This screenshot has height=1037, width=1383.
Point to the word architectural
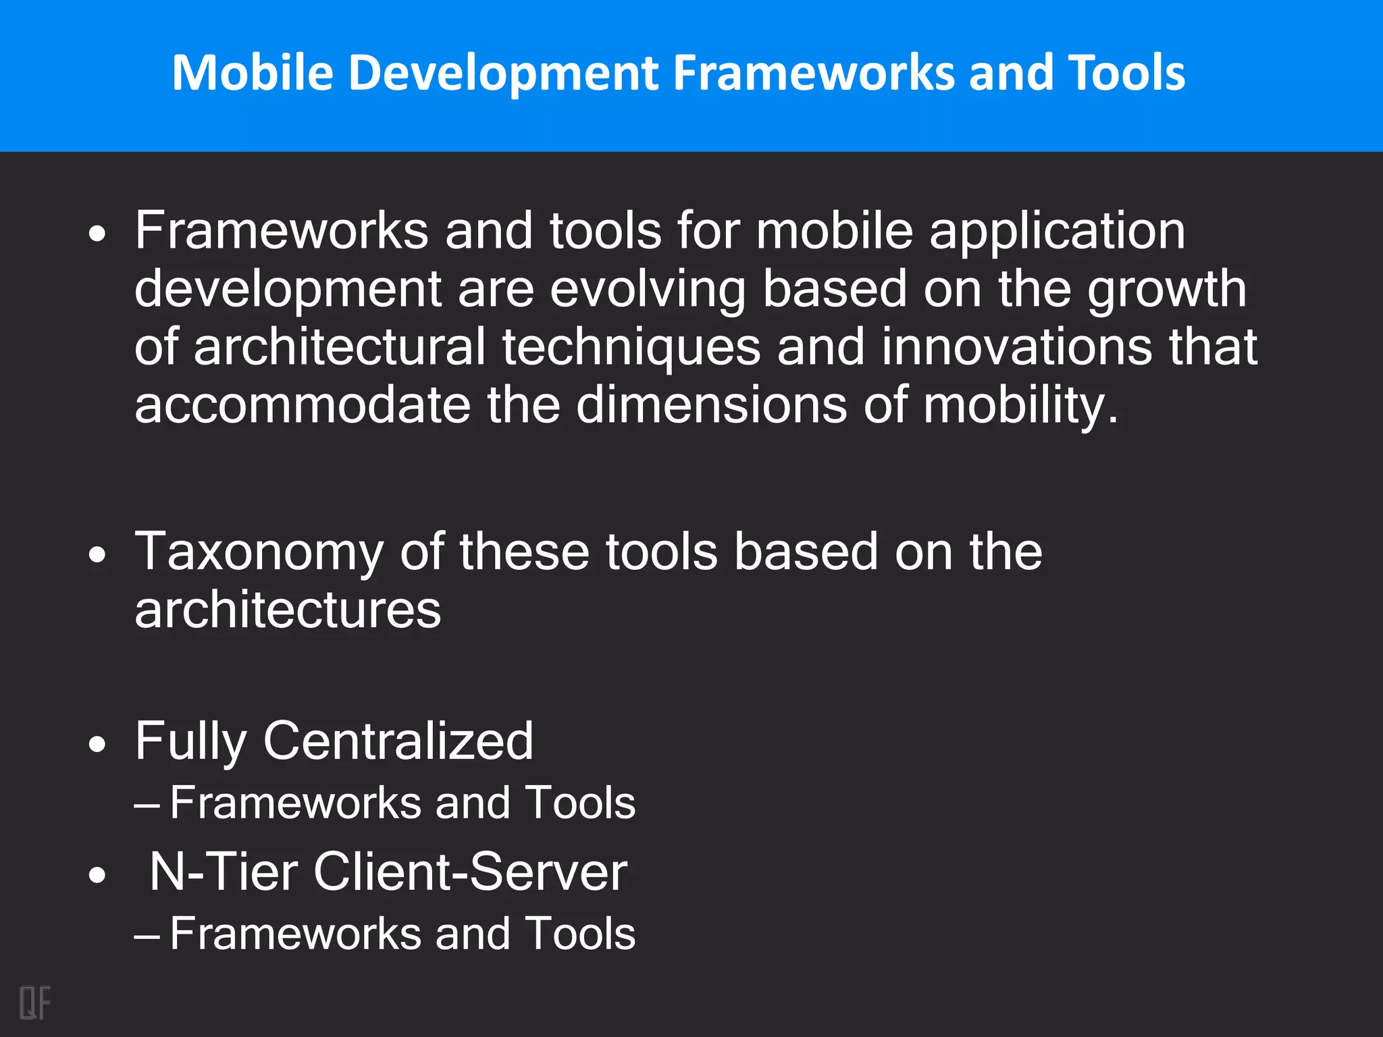pyautogui.click(x=339, y=347)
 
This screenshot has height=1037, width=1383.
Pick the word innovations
pyautogui.click(x=1016, y=347)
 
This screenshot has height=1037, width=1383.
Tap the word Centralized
pyautogui.click(x=398, y=741)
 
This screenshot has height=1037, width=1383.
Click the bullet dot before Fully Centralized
pyautogui.click(x=98, y=744)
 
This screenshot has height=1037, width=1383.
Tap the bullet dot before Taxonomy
pyautogui.click(x=98, y=555)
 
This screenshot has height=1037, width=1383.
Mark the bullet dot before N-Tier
pyautogui.click(x=98, y=875)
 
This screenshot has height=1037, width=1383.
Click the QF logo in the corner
pyautogui.click(x=35, y=1003)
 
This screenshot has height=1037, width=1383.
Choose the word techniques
pyautogui.click(x=631, y=347)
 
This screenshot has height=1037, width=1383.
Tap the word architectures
pyautogui.click(x=288, y=610)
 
